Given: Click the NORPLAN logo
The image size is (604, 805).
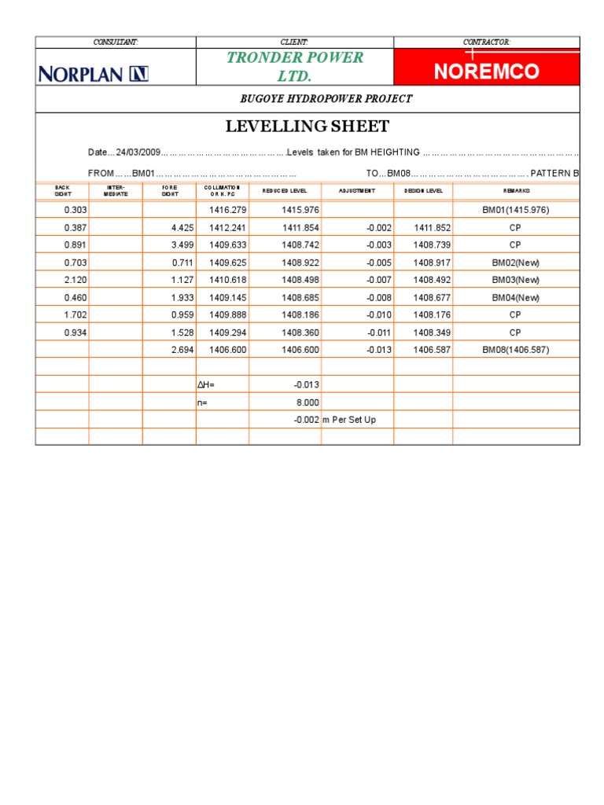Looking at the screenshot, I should (94, 74).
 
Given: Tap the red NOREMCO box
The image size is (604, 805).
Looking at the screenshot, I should (486, 72).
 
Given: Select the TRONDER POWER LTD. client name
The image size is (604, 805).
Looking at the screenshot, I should (295, 66).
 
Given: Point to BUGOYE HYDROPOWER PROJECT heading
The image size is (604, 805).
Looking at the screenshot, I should (326, 98).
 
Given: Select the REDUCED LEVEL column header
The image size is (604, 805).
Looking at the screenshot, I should (285, 191).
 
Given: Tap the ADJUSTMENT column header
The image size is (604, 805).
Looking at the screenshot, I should (357, 191).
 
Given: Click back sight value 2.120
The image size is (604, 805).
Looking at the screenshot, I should (75, 279).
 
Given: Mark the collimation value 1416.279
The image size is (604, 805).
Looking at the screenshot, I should (228, 210).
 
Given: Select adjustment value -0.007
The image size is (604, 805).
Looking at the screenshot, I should (379, 279).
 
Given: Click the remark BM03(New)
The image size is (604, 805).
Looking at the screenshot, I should (515, 279).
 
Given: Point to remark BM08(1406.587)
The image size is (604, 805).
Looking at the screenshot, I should (515, 349).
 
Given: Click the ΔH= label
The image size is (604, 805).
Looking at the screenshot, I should (207, 384).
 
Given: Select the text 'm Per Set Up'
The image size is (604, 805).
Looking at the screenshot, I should (348, 420).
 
